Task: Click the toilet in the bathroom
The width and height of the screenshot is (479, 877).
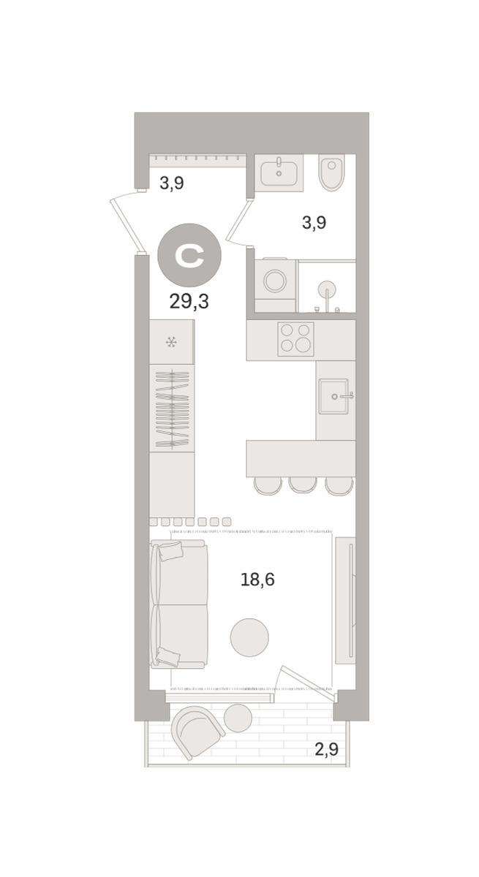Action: pos(331,172)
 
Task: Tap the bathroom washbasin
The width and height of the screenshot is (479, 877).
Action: pos(279,172)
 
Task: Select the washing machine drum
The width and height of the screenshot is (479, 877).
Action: pos(275,281)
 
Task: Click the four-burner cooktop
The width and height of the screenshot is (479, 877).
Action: pos(295,339)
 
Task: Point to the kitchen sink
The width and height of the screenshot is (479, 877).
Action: pos(333,396)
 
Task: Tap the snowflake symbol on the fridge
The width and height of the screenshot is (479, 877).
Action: pos(172,343)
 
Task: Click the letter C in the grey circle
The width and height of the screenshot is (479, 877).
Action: pos(189,257)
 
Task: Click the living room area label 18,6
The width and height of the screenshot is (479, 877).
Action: pos(257,580)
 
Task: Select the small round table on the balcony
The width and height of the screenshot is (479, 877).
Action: pos(238,717)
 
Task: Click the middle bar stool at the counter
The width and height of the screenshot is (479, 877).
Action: pos(303,485)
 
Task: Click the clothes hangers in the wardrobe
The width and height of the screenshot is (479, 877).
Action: pos(173,409)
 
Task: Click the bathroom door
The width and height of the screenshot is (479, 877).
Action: pos(238,222)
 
